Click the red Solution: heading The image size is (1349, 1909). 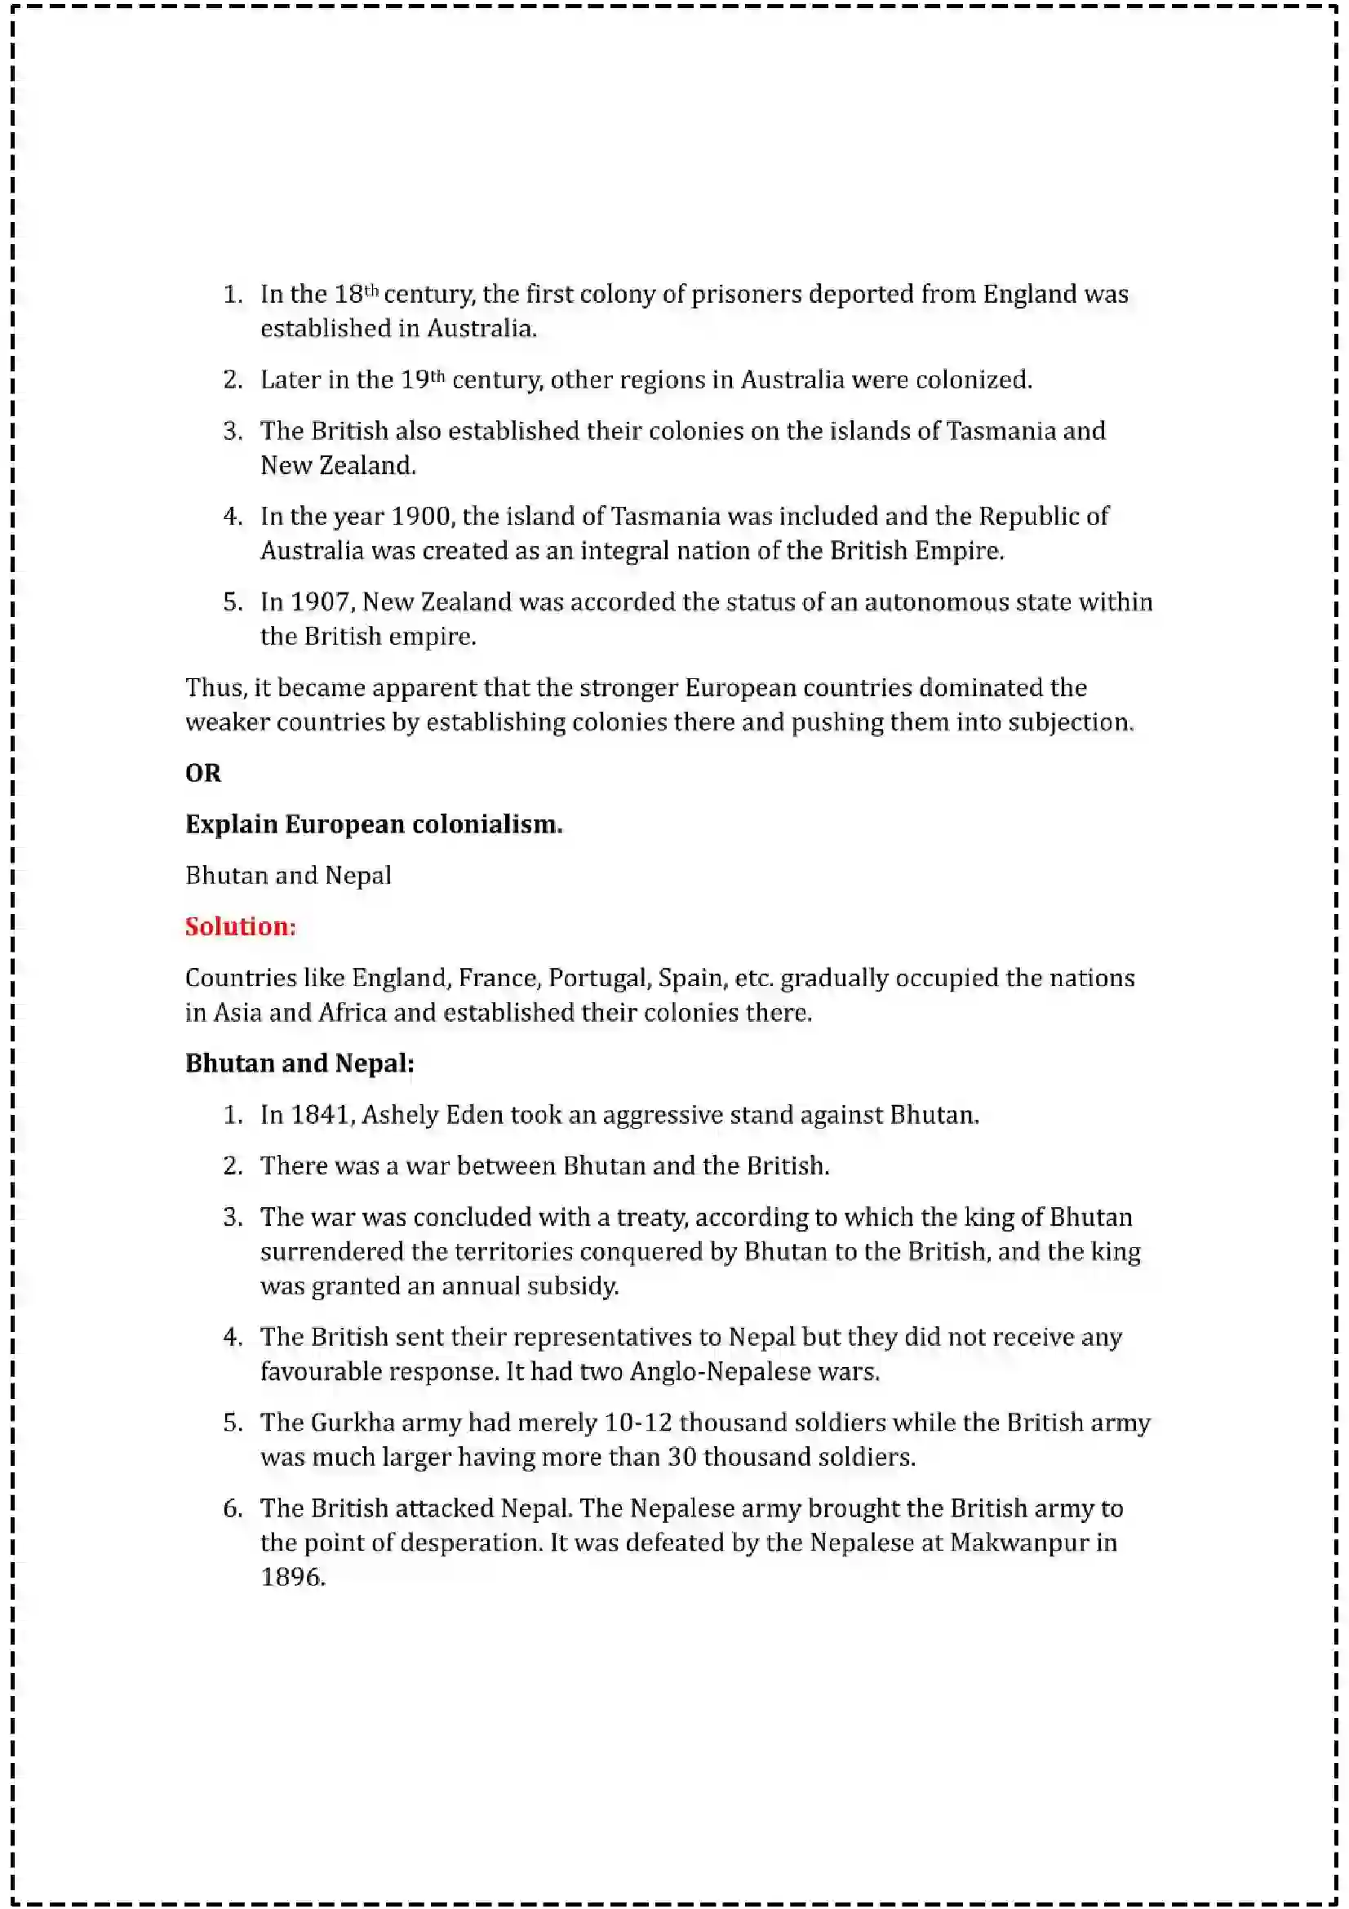(240, 926)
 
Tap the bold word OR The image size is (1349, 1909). (203, 773)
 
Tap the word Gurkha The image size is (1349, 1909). (353, 1423)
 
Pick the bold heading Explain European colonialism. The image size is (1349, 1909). (373, 824)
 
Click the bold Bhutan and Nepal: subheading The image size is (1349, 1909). (300, 1063)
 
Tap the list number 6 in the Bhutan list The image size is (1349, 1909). (232, 1508)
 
